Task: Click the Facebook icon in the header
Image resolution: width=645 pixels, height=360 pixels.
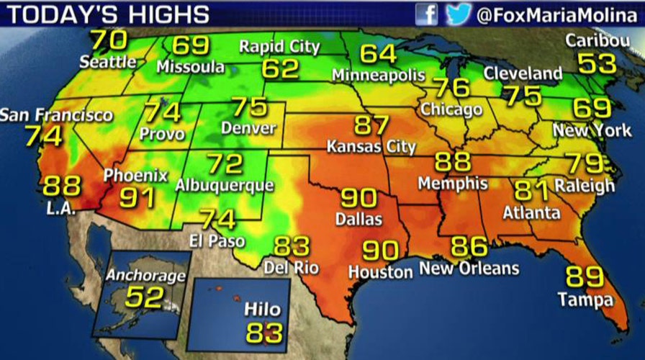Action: click(426, 14)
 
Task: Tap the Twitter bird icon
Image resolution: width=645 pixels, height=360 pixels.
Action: click(459, 14)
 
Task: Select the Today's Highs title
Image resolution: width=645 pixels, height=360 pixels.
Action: click(107, 14)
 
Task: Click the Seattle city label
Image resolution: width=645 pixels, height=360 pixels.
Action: click(108, 62)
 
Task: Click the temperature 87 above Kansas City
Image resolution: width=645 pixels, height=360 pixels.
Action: click(371, 125)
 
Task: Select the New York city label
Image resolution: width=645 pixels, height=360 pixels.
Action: click(582, 131)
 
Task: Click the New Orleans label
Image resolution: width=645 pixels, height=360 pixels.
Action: click(469, 269)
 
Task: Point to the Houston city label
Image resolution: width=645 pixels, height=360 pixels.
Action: click(380, 271)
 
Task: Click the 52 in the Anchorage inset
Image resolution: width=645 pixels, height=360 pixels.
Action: click(145, 297)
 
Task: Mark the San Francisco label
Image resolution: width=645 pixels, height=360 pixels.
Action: click(56, 114)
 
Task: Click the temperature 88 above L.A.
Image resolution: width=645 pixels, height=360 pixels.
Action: click(62, 186)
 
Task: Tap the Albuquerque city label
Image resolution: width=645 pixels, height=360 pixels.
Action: click(225, 185)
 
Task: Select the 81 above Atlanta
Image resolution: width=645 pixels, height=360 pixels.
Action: click(531, 190)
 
